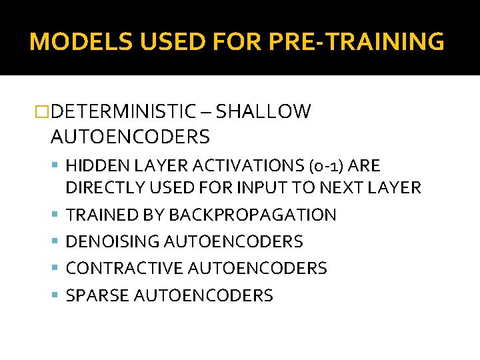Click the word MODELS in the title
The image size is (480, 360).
coord(69,41)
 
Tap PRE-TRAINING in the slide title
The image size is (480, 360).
coord(357,41)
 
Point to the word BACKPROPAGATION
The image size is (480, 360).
coord(253,215)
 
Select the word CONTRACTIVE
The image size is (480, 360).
coord(125,268)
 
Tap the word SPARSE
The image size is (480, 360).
coord(97,295)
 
